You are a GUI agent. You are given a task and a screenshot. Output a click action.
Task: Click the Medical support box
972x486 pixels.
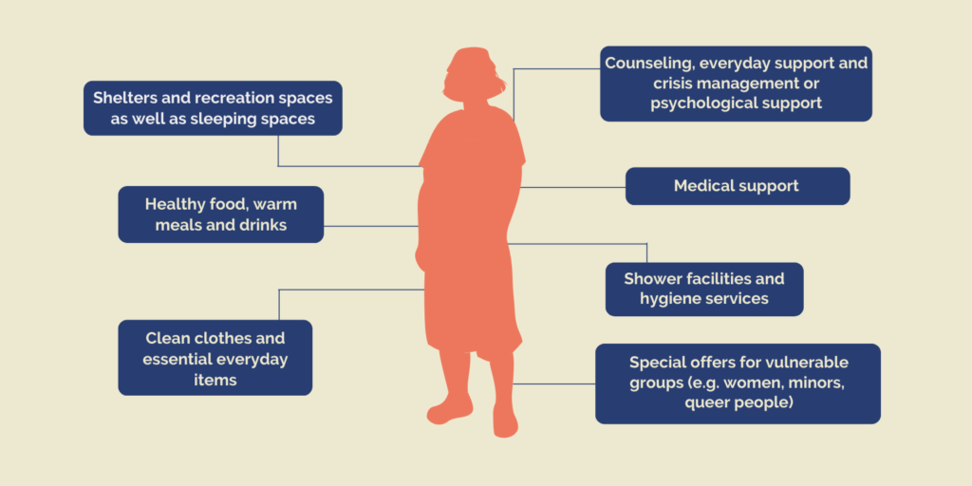coord(738,186)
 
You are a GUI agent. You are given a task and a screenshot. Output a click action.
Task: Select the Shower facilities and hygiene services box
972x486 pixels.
coord(704,289)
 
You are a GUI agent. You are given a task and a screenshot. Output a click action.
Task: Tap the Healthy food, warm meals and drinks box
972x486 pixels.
coord(220,215)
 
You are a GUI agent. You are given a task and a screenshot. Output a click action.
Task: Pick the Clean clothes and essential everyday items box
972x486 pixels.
coord(215,358)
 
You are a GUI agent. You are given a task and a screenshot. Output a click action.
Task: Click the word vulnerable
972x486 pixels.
coord(807,362)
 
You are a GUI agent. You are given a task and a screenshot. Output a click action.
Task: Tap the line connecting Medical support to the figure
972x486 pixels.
coord(572,187)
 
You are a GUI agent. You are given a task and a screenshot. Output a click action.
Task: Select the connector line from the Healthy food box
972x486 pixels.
coord(371,226)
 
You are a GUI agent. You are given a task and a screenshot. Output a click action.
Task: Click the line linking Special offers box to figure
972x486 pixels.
coord(554,383)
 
